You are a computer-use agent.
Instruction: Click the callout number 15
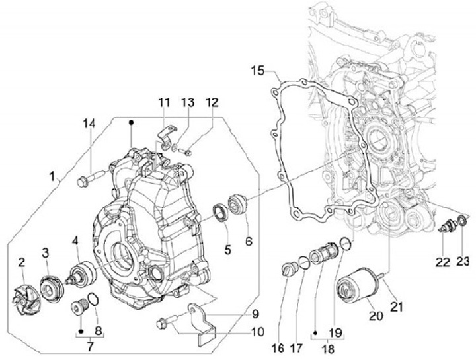[x=257, y=70]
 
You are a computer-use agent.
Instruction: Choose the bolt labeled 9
[x=164, y=323]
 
